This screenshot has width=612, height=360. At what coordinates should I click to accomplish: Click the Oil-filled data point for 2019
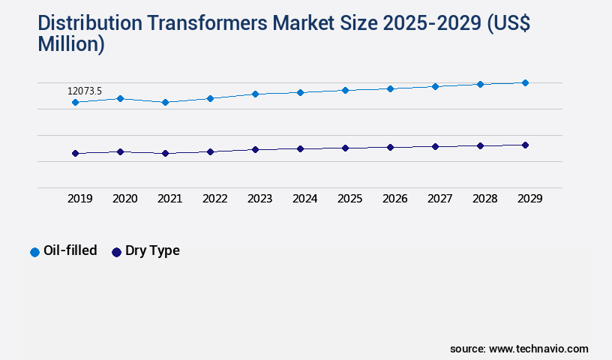click(75, 102)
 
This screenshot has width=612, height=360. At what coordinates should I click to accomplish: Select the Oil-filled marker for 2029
click(525, 82)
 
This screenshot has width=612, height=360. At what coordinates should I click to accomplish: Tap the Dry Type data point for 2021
click(165, 153)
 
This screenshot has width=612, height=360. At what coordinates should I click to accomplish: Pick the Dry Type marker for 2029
click(525, 145)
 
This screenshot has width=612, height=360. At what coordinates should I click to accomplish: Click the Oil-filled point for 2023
click(255, 94)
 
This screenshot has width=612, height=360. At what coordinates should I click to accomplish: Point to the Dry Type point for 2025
click(345, 148)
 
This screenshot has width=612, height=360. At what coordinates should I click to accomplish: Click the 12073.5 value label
click(85, 91)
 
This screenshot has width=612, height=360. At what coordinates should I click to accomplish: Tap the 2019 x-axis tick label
click(80, 199)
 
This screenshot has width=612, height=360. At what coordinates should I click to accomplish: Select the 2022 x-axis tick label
click(215, 199)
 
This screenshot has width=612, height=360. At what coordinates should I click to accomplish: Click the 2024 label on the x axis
click(305, 199)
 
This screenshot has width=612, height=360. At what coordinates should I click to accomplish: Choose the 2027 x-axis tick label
click(440, 199)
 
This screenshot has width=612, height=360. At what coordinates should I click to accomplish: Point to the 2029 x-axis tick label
click(530, 199)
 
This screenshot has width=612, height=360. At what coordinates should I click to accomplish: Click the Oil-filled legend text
click(70, 250)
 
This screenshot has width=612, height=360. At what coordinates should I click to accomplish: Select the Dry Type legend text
click(152, 250)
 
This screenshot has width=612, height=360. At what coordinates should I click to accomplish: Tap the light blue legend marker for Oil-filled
click(34, 252)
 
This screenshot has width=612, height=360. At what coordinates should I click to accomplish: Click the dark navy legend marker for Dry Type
click(116, 252)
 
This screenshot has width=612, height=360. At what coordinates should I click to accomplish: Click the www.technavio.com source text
click(538, 349)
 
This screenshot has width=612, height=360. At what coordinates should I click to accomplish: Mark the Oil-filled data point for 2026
click(390, 88)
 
